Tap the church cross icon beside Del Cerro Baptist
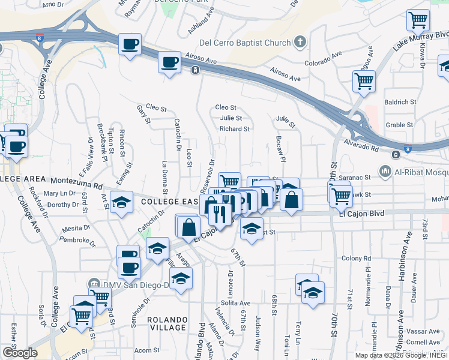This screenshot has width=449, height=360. click(x=300, y=42)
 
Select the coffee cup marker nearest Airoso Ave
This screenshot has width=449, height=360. click(x=170, y=61)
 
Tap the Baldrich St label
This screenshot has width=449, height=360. click(x=400, y=103)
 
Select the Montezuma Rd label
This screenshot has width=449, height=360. click(x=77, y=180)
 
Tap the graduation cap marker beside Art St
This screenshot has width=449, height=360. click(x=122, y=203)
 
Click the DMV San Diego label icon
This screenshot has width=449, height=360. click(x=93, y=283)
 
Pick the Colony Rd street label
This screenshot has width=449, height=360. click(x=354, y=258)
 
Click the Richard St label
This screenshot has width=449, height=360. click(x=234, y=129)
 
